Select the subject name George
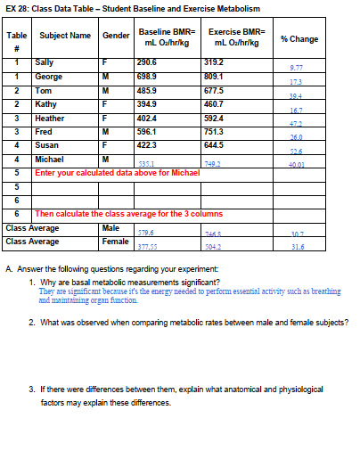[x=48, y=77]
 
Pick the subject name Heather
[x=49, y=117]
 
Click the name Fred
[x=44, y=130]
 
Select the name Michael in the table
[x=49, y=158]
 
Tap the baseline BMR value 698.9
[x=147, y=77]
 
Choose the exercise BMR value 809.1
[x=216, y=77]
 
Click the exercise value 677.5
[x=216, y=90]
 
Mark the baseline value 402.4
[x=147, y=117]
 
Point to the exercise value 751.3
[x=216, y=130]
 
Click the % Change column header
[x=299, y=39]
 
